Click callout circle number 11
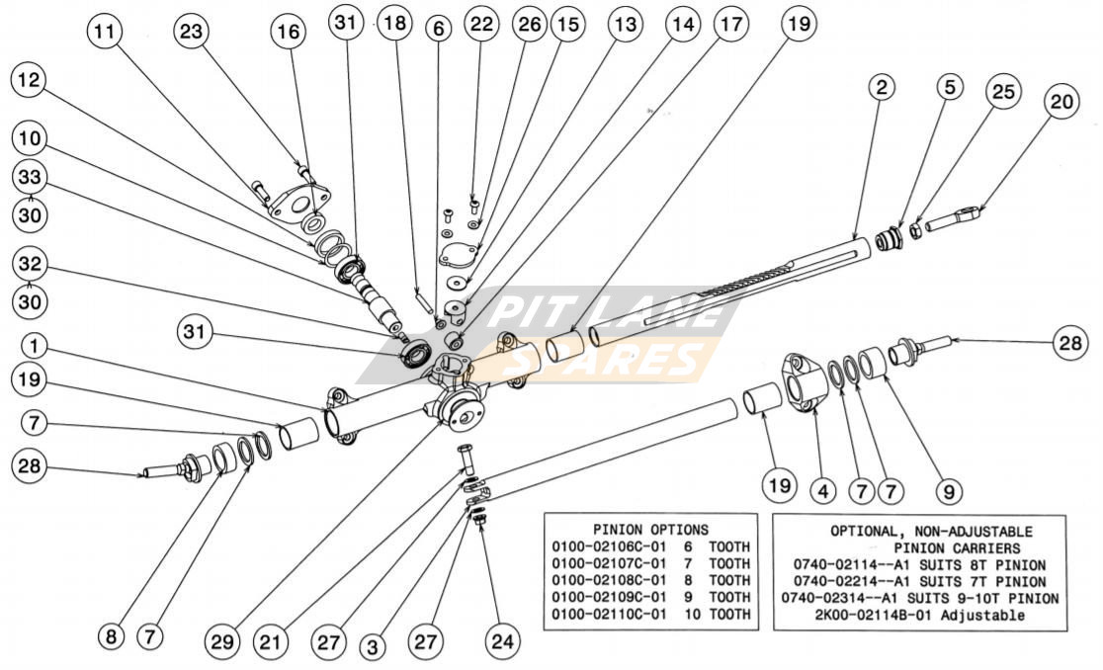pyautogui.click(x=104, y=32)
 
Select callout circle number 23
pyautogui.click(x=192, y=32)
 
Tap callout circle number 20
pyautogui.click(x=1065, y=102)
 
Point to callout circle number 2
pyautogui.click(x=883, y=87)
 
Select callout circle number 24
pyautogui.click(x=504, y=640)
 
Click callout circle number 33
pyautogui.click(x=31, y=178)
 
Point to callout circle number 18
pyautogui.click(x=394, y=24)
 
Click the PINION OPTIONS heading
pyautogui.click(x=649, y=530)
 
